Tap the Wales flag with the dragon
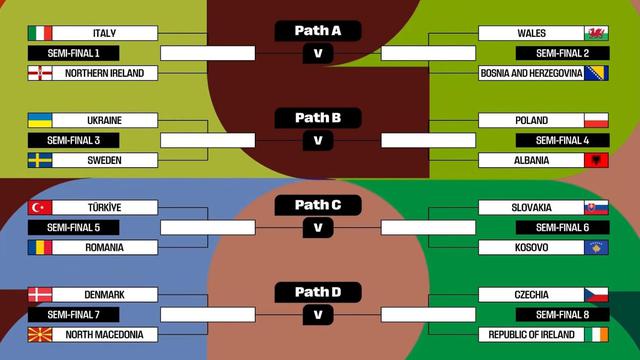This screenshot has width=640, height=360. [x=597, y=33]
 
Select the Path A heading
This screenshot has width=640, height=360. [x=318, y=31]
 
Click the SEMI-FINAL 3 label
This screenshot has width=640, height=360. [x=92, y=140]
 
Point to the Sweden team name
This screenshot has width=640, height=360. [x=104, y=160]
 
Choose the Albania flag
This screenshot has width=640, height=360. [x=597, y=160]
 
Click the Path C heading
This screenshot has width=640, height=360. [x=318, y=205]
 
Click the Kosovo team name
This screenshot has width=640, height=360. [x=530, y=247]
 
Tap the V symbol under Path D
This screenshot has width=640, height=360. [x=318, y=315]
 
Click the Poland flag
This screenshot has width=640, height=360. [x=597, y=120]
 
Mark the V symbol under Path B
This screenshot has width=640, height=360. [x=318, y=140]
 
